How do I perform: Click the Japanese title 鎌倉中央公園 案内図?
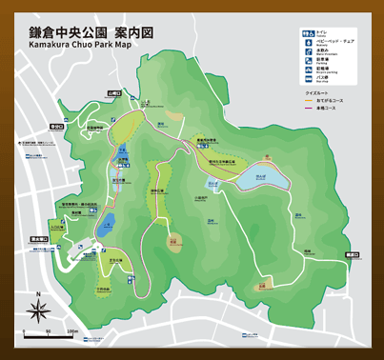(x=91, y=30)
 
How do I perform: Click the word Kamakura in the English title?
(x=51, y=44)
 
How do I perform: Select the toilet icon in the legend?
(x=308, y=33)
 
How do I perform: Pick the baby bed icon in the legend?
(x=308, y=43)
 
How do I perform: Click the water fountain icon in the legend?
(x=308, y=51)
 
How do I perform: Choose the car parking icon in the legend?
(x=308, y=61)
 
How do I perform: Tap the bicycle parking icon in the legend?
(x=308, y=70)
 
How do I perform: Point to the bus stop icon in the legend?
(x=308, y=79)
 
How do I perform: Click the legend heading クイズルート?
(x=317, y=92)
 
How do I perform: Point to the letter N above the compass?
(x=38, y=293)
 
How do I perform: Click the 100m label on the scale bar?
(x=72, y=331)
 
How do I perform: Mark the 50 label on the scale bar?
(x=48, y=331)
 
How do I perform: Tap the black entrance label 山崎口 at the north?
(x=115, y=93)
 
